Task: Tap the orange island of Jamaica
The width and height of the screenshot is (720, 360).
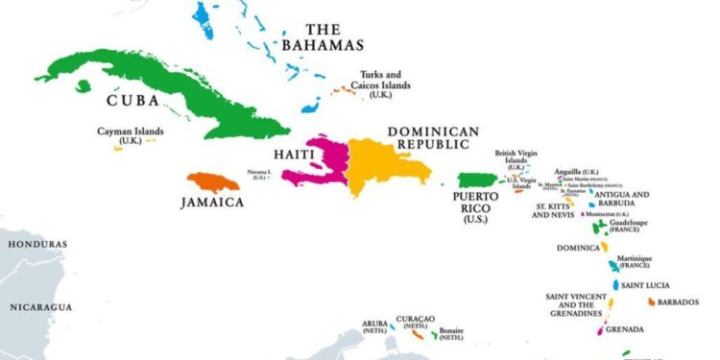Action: [x=211, y=180]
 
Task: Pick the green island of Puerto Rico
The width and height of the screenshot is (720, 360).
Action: [x=475, y=180]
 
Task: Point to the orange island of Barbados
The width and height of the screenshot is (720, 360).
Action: [x=653, y=301]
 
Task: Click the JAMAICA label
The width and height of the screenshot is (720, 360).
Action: [x=212, y=203]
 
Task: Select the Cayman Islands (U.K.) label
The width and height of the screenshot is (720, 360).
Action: [x=131, y=135]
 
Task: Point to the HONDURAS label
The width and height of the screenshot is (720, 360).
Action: [x=37, y=245]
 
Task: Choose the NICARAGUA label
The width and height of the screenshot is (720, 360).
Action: [x=41, y=306]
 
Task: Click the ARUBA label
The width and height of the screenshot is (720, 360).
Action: [x=374, y=324]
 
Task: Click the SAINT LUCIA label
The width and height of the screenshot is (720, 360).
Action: [x=646, y=285]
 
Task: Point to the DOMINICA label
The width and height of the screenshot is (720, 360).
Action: [x=579, y=248]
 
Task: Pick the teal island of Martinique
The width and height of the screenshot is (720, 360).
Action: [x=612, y=266]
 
